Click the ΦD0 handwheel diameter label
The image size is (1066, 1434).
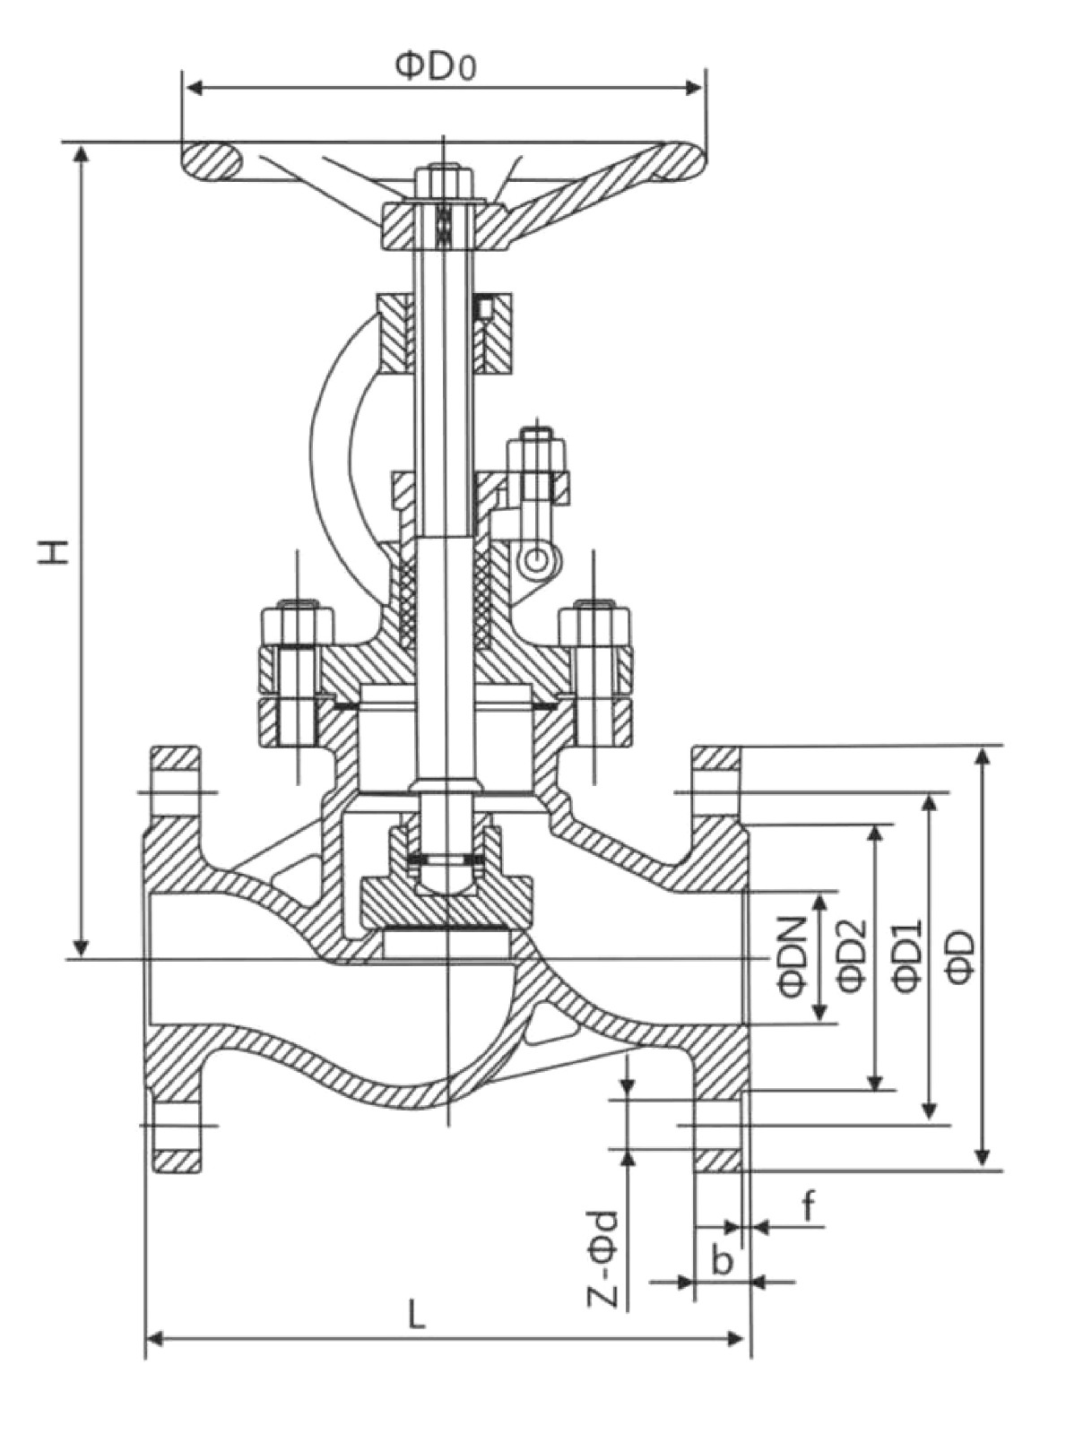coord(436,67)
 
